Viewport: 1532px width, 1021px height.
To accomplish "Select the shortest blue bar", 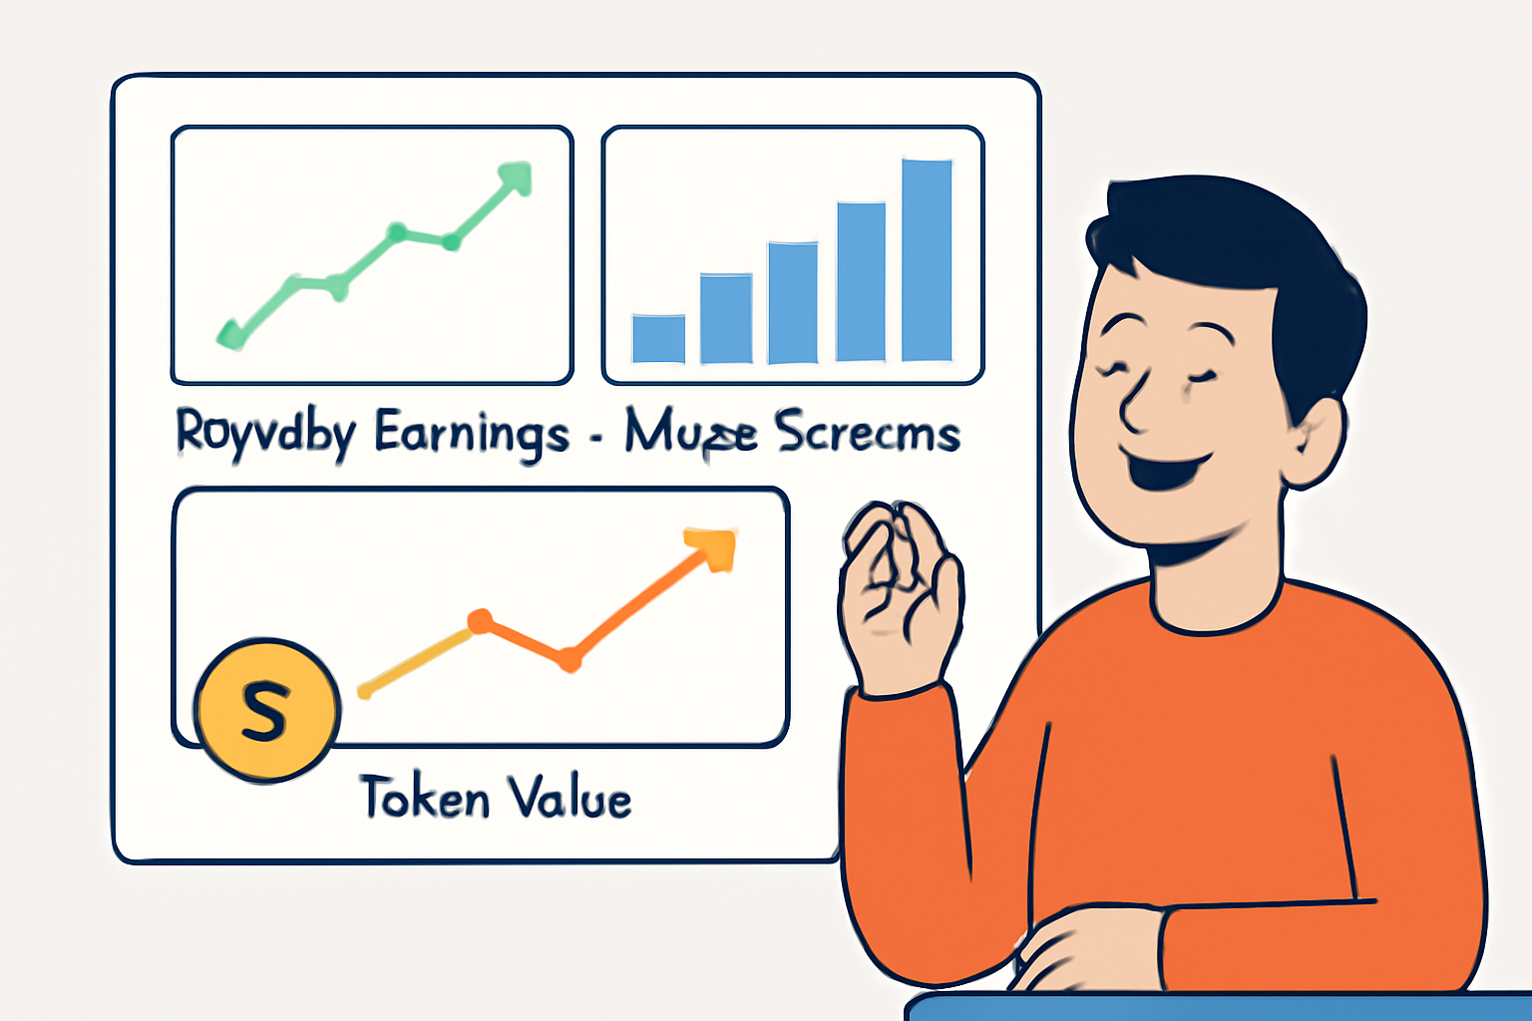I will pos(658,338).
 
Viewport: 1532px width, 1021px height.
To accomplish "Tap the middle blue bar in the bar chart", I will pos(793,301).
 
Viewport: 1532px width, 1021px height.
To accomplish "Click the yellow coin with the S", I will pos(266,709).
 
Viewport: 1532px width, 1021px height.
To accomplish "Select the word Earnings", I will pos(472,435).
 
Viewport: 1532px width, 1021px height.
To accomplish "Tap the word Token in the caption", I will pos(425,798).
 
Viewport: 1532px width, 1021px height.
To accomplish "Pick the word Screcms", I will pos(867,433).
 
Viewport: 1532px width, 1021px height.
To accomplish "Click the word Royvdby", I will pos(265,435).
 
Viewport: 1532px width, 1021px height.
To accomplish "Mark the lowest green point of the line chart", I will pos(231,335).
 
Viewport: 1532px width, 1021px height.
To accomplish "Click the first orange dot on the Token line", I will pos(480,621).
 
